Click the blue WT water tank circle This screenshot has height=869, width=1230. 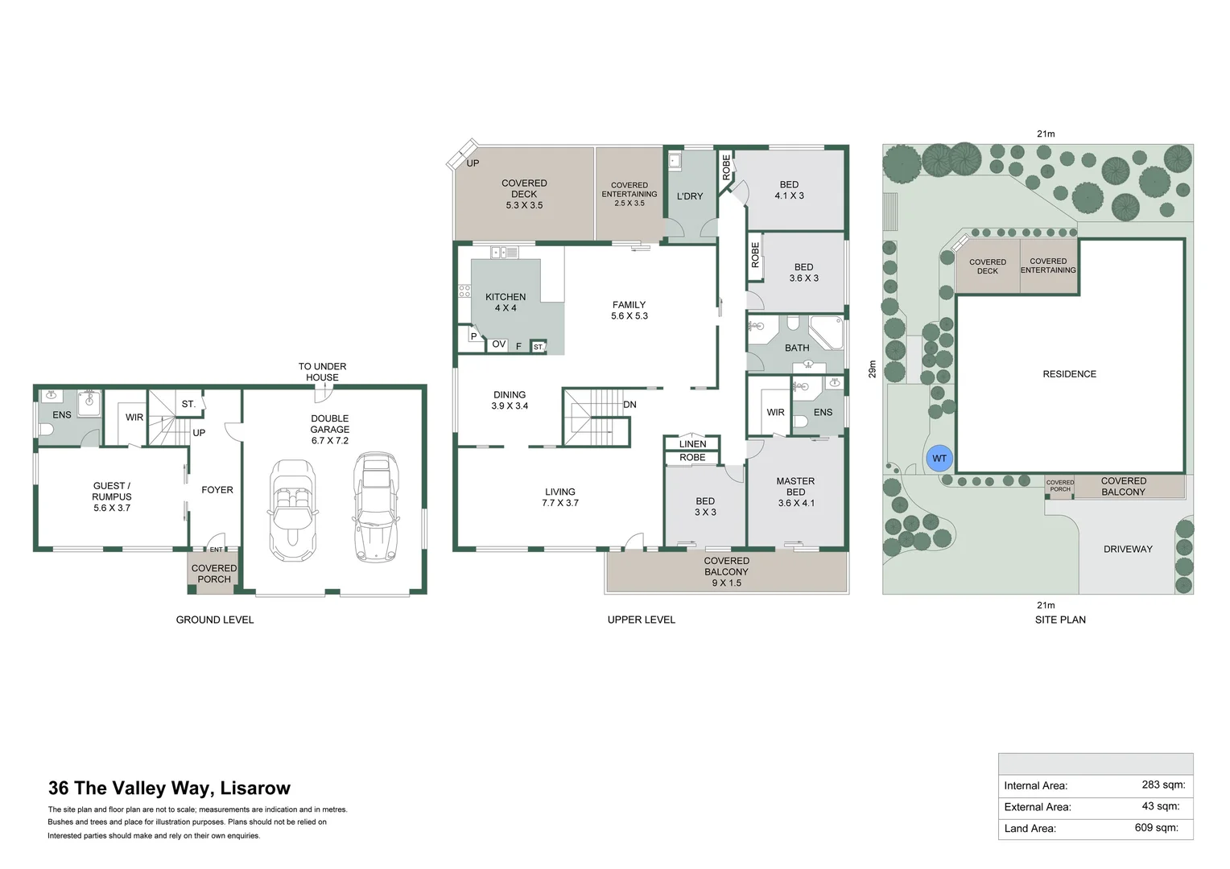939,459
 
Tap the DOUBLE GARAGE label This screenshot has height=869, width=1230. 330,430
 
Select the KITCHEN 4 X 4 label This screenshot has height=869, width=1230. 506,303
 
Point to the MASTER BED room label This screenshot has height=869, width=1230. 795,492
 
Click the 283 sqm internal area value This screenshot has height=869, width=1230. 1162,785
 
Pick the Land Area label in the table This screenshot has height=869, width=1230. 1030,828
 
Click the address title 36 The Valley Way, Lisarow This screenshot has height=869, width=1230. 169,789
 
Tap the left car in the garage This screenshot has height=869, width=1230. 291,509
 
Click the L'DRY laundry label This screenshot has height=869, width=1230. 690,196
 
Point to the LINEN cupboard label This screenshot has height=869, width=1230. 692,444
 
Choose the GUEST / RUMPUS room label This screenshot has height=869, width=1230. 112,496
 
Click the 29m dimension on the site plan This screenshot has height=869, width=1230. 872,369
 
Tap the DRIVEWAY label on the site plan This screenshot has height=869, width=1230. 1128,550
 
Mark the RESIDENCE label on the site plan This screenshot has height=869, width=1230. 1069,374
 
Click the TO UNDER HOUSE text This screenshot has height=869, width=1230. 322,372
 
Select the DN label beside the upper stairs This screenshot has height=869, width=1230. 629,405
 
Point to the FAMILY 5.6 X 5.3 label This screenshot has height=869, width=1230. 629,311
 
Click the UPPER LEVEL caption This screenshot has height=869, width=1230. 641,620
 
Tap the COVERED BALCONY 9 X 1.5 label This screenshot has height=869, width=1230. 726,571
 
